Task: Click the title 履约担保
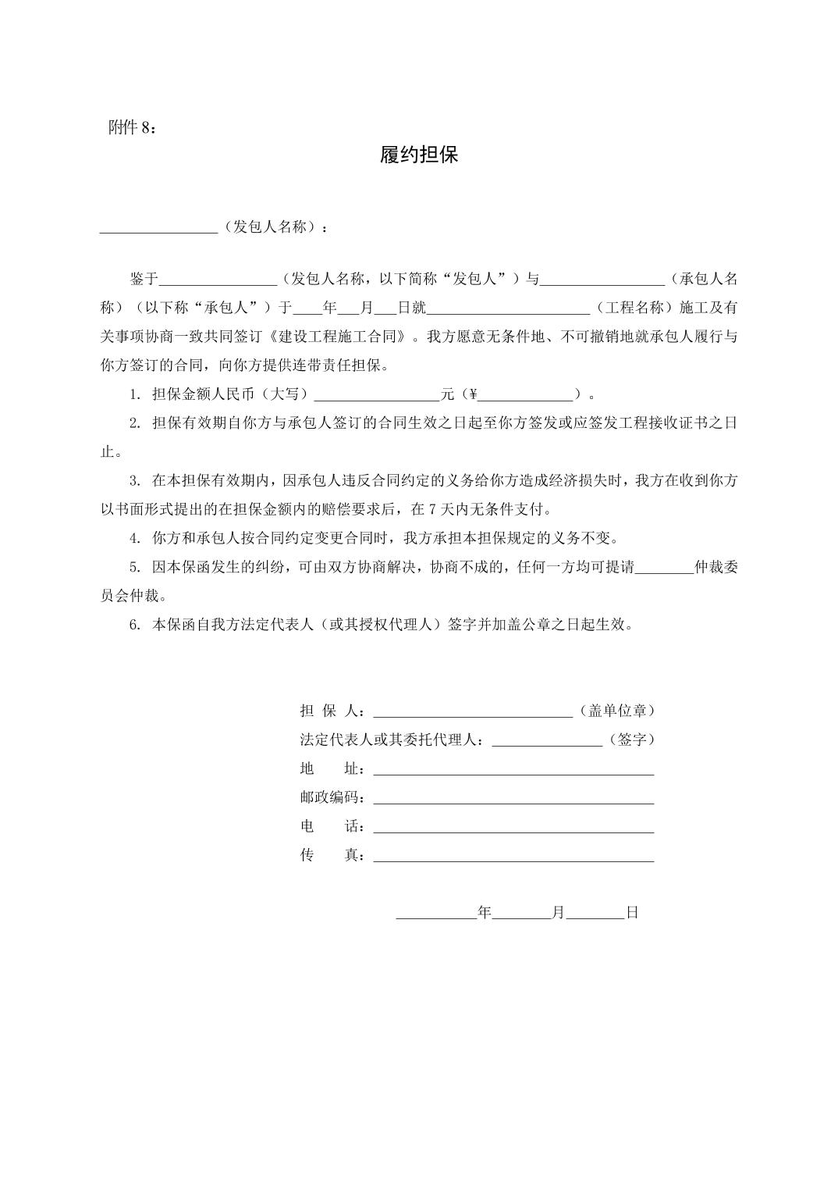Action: pos(419,155)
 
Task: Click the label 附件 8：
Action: pos(132,129)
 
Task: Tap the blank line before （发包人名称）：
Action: pos(158,228)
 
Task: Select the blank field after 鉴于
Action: pos(218,280)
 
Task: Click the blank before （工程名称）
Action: pos(508,308)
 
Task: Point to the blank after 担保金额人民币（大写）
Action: pos(377,395)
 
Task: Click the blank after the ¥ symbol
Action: pos(525,395)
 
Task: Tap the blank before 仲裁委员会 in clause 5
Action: pos(664,569)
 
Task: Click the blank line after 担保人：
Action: pos(474,711)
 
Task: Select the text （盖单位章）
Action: pos(617,711)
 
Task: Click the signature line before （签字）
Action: pos(547,740)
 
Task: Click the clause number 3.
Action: pos(134,481)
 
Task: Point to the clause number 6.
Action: pos(134,626)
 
